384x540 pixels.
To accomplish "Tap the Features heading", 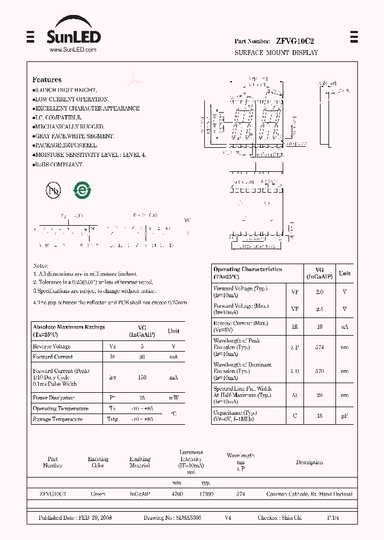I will tap(47, 80).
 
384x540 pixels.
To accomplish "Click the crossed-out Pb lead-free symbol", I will tap(53, 190).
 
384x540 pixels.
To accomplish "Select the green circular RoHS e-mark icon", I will tap(83, 190).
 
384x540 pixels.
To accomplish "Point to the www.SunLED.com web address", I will tap(73, 50).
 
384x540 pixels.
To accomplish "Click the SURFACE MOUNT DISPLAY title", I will tap(276, 53).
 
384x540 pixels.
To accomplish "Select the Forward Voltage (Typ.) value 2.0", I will tap(319, 292).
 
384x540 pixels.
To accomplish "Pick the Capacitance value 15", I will tap(319, 415).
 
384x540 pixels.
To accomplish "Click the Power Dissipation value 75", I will tap(142, 398).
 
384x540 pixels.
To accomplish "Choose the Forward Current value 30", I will tap(142, 357).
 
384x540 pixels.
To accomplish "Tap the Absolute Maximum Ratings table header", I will tap(69, 330).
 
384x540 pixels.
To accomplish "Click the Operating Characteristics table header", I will tap(247, 273).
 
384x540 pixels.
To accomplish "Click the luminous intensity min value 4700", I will tap(177, 495).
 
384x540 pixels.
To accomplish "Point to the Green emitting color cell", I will tap(98, 495).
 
